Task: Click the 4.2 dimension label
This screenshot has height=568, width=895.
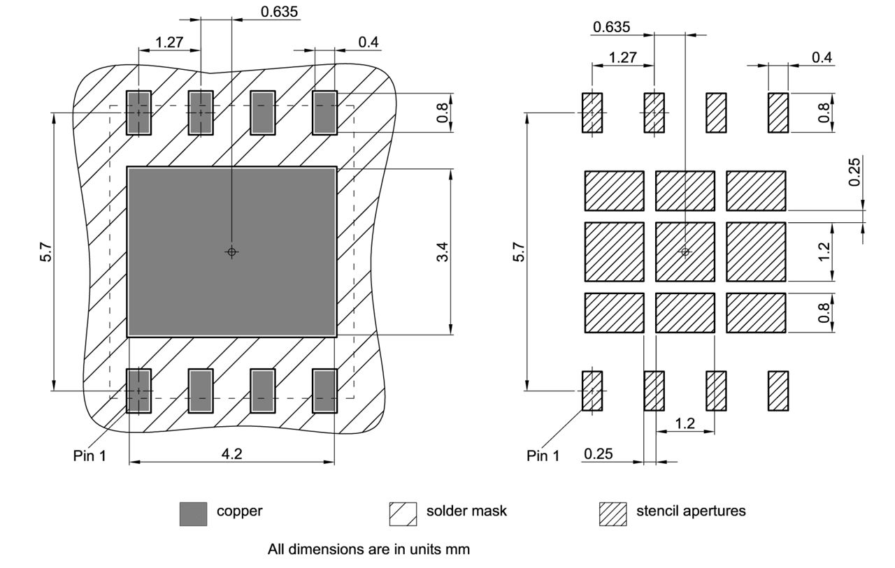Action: click(232, 453)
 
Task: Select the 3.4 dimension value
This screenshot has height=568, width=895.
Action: click(441, 252)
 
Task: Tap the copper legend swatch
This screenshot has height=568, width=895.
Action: click(193, 514)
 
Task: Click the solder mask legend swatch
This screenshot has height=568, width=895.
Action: click(403, 514)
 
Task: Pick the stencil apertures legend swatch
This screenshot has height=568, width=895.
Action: click(613, 514)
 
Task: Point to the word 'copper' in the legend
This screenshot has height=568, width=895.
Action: click(240, 511)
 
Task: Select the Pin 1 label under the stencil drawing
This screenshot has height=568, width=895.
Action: click(543, 456)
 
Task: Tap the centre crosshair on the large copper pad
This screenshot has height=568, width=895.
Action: click(232, 252)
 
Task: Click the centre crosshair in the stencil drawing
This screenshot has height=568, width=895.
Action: click(685, 252)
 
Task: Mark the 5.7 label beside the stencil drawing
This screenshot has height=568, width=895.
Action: click(519, 252)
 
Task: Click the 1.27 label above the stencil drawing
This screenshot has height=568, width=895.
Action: click(623, 57)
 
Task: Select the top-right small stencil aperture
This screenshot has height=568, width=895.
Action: click(778, 112)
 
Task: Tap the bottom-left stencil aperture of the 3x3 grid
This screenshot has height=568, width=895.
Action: click(614, 312)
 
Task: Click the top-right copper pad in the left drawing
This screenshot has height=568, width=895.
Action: click(324, 112)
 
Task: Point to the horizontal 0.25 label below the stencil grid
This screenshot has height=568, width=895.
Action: click(599, 455)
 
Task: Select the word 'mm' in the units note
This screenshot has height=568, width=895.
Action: click(459, 549)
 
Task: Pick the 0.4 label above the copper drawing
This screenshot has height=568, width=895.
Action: click(368, 42)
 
